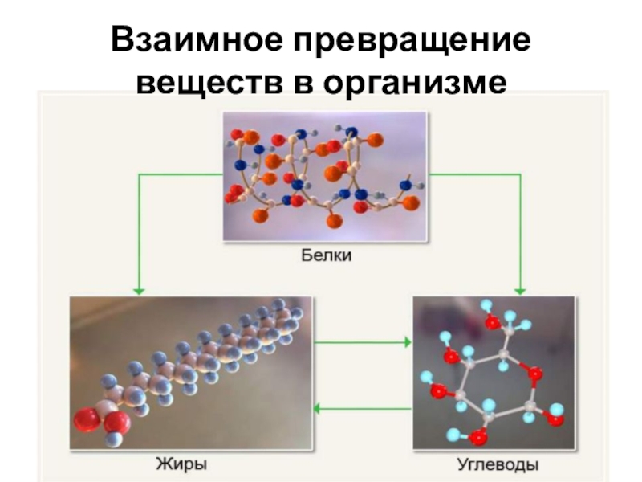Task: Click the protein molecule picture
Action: (324, 176)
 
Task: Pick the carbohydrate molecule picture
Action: (494, 371)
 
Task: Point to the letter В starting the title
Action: (121, 39)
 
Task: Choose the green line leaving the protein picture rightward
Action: (473, 174)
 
